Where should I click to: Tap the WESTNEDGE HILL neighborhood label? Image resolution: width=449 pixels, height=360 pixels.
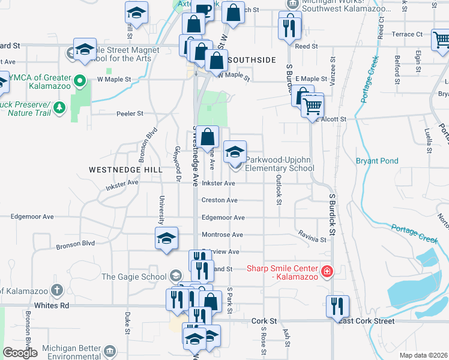click(125, 170)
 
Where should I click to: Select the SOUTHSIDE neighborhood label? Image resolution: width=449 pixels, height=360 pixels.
click(252, 59)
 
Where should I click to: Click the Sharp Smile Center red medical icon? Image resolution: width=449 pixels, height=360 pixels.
click(327, 272)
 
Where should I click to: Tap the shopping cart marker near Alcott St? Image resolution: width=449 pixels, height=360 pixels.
click(313, 106)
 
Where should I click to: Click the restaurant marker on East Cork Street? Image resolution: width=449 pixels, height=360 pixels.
click(337, 306)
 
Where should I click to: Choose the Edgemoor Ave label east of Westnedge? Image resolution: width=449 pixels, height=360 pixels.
click(223, 218)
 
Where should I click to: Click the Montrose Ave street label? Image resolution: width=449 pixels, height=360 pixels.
click(222, 235)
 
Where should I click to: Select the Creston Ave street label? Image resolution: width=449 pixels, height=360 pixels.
click(220, 200)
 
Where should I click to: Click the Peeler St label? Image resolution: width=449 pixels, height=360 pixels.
click(129, 113)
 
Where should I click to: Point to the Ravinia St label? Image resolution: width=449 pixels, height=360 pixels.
click(312, 239)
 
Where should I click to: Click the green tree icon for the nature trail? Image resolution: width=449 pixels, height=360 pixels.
click(59, 107)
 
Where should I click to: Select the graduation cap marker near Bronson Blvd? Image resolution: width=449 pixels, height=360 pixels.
click(166, 238)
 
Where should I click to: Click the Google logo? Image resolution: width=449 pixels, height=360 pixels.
click(20, 353)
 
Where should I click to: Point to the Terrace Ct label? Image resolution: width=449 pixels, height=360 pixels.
click(408, 35)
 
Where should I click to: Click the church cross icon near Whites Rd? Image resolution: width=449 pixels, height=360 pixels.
click(56, 291)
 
